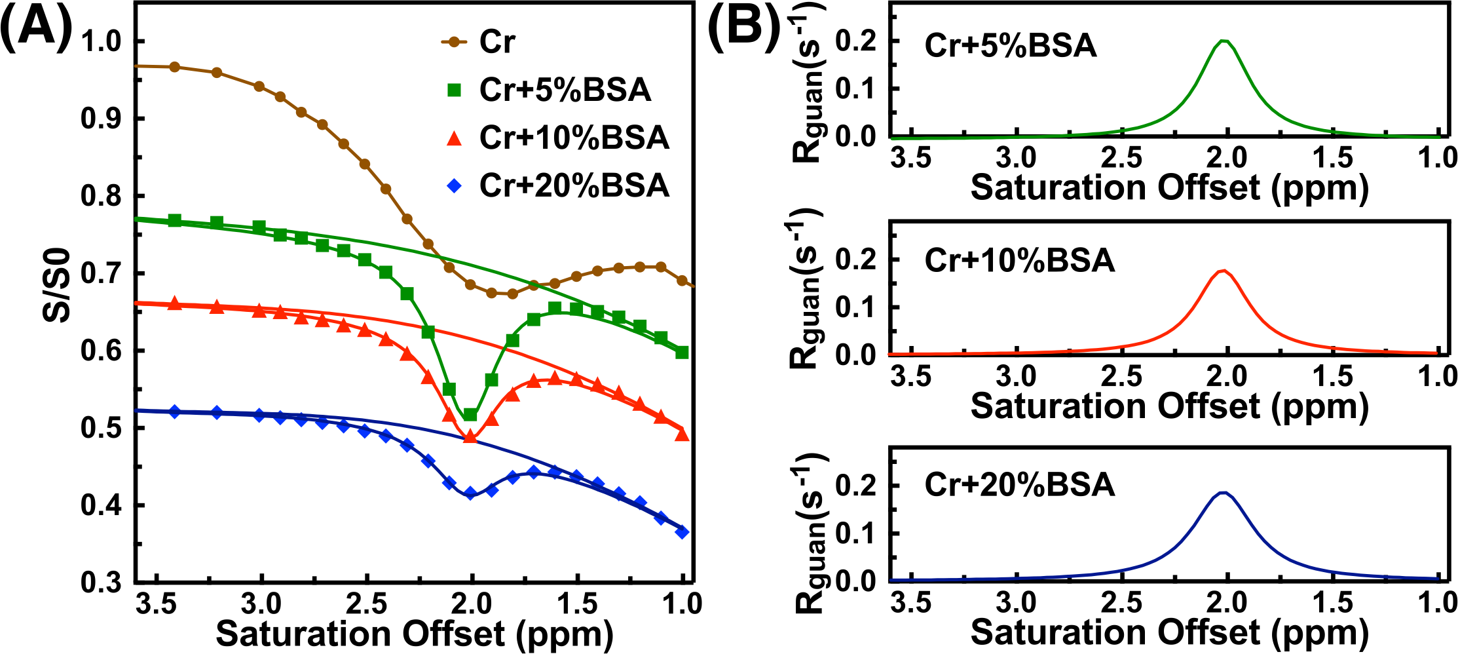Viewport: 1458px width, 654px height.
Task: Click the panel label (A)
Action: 36,29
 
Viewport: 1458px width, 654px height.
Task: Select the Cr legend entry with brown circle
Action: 498,43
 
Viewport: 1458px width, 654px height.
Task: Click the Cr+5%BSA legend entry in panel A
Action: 565,90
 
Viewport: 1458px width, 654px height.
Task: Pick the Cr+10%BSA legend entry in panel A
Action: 574,138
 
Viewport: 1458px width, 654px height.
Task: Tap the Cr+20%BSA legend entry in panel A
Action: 574,185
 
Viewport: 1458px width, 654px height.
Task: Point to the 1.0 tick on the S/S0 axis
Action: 102,41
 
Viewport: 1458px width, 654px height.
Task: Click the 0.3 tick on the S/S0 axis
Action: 102,583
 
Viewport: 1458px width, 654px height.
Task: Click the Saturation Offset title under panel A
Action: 414,634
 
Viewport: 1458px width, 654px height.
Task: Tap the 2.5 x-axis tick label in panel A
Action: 365,604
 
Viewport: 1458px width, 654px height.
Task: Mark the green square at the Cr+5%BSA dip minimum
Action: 470,415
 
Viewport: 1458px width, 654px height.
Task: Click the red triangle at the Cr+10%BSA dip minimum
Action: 470,436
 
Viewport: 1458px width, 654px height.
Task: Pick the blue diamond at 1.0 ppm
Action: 682,532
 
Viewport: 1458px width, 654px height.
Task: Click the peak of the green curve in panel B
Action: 1224,41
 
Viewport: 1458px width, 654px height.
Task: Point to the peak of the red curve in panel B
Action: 1223,270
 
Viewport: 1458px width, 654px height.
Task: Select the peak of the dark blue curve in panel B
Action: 1223,492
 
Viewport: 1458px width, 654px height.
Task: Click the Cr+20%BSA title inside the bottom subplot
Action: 1019,485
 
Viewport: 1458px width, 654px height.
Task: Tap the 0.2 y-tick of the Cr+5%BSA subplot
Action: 857,41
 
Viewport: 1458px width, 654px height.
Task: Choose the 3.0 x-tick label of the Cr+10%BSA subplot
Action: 1016,377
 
